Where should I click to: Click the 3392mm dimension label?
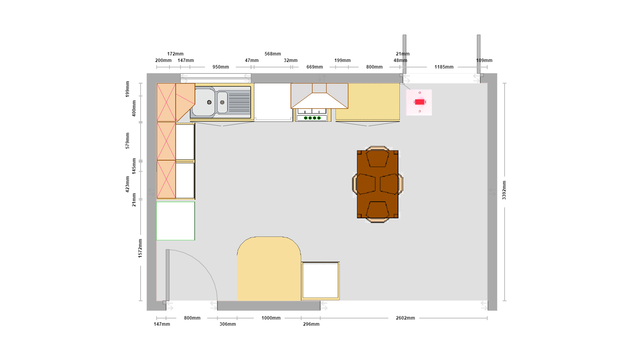(x=504, y=190)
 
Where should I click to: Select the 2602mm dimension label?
(x=405, y=318)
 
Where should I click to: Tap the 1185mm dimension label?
(x=444, y=67)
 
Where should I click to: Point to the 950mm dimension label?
(x=221, y=67)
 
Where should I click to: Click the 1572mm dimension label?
(x=140, y=248)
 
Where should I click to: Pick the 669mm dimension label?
(x=315, y=67)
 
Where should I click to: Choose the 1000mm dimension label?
(x=271, y=318)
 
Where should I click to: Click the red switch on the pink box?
(x=419, y=102)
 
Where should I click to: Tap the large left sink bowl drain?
(x=209, y=102)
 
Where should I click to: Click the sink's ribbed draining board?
(x=239, y=102)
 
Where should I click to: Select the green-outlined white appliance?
(x=176, y=221)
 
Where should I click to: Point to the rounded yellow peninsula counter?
(x=269, y=269)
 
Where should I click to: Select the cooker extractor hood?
(x=319, y=96)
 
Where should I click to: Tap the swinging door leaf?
(x=168, y=275)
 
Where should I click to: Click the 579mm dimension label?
(x=127, y=141)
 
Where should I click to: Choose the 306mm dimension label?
(x=228, y=324)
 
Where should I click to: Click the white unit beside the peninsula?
(x=320, y=281)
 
